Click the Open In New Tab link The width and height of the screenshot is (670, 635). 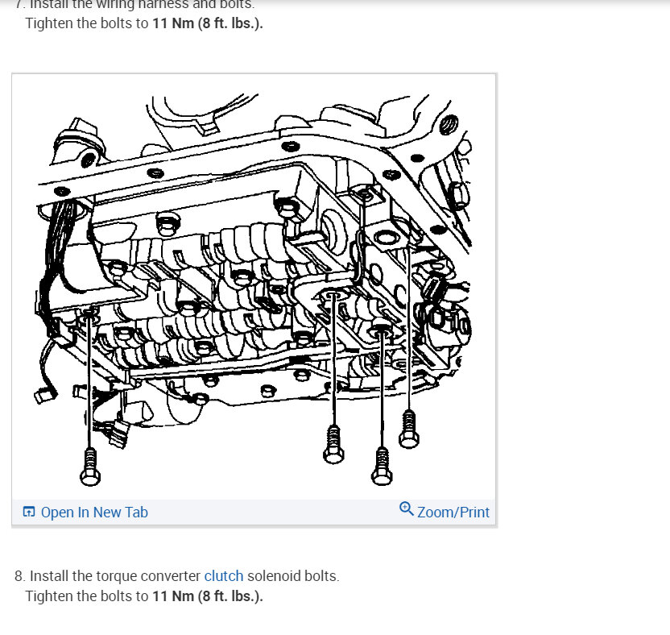(x=93, y=513)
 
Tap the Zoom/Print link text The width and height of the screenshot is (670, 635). (x=453, y=513)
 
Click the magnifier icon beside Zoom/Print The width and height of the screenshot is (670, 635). (x=407, y=509)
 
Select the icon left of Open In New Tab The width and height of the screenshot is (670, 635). (x=29, y=513)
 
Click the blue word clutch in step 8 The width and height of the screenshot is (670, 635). (x=224, y=576)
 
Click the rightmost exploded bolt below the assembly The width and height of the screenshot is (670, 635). (x=409, y=426)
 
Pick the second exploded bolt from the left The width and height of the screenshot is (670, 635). (x=333, y=443)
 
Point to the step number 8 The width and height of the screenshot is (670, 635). (x=19, y=576)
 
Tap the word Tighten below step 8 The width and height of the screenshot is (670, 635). (x=52, y=596)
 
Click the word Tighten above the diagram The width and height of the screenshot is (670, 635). (x=52, y=23)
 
